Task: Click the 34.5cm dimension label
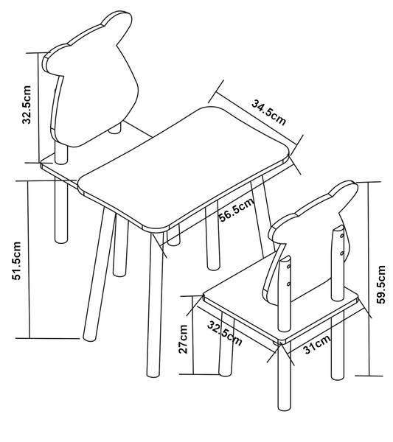[x=269, y=112]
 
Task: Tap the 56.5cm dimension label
[x=237, y=209]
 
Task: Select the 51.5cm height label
[x=16, y=261]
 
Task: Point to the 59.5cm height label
[x=381, y=284]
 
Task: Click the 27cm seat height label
[x=183, y=339]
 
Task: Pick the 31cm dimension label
[x=317, y=345]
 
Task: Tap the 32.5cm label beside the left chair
[x=27, y=105]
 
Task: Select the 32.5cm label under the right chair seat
[x=225, y=334]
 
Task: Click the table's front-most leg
[x=155, y=304]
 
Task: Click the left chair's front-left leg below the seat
[x=61, y=210]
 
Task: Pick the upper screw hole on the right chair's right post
[x=342, y=236]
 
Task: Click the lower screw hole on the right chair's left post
[x=288, y=284]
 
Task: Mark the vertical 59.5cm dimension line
[x=368, y=278]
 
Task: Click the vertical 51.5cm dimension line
[x=29, y=259]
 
